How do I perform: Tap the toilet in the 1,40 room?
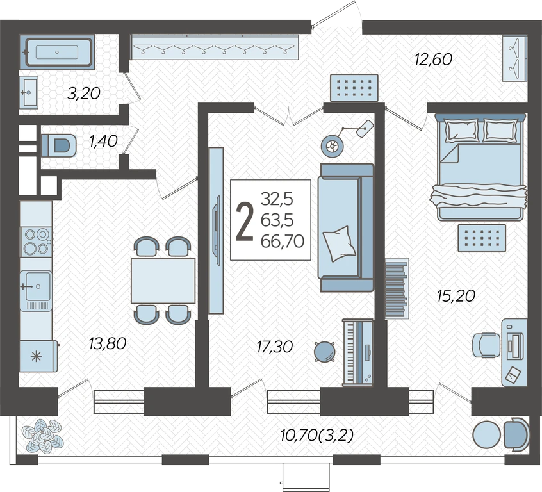pos(59,145)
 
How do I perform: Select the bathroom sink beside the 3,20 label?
pos(28,92)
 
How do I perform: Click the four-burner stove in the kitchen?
pos(37,242)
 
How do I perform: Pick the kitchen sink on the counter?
pos(36,286)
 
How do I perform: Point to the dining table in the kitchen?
pos(163,281)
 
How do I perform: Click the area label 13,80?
pos(107,343)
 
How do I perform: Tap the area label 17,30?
pos(275,347)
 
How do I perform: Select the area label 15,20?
pos(456,296)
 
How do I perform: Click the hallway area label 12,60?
pos(433,60)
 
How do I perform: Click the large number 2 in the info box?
pos(245,221)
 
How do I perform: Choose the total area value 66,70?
pos(283,241)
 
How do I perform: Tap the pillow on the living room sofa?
pos(339,243)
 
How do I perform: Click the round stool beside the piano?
pos(325,351)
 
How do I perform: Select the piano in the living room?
pos(357,352)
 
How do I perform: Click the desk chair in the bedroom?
pos(486,345)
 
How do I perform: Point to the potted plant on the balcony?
pos(42,436)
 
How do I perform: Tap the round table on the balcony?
pos(486,435)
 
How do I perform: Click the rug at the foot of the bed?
pos(482,238)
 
